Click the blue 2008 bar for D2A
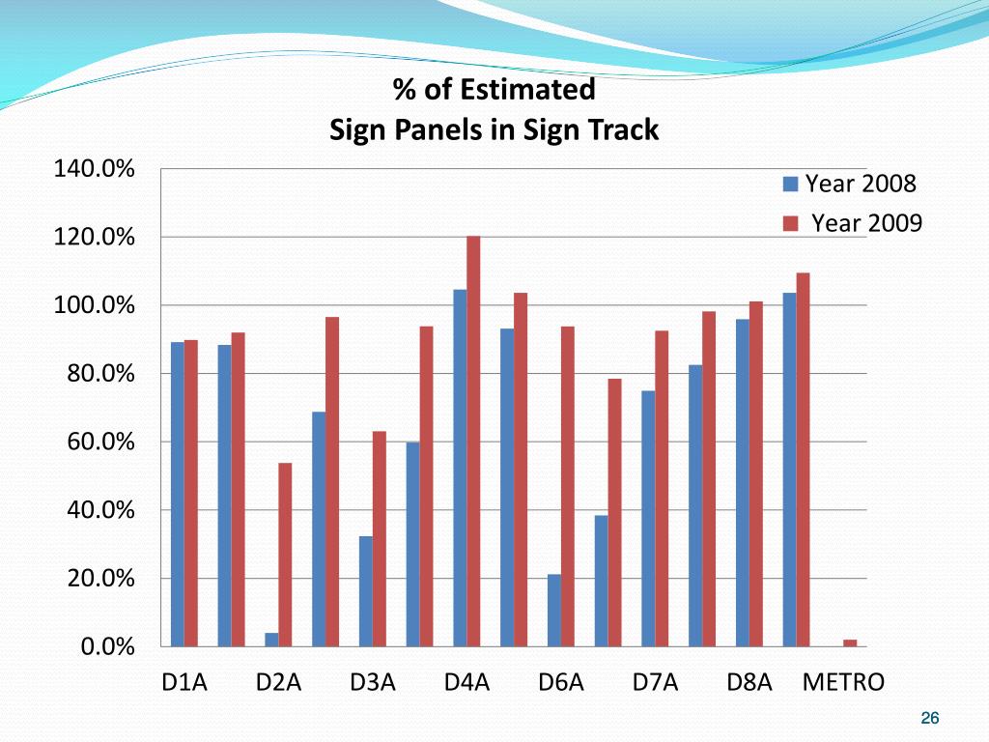coord(271,640)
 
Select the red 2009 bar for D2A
coord(285,555)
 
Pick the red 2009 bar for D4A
coord(473,441)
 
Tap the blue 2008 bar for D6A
coord(554,610)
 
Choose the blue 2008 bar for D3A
coord(366,591)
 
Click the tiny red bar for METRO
coord(850,642)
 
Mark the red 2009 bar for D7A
coord(662,488)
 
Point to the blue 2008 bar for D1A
coord(178,494)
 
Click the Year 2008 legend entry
coord(850,184)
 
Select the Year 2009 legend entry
coord(854,224)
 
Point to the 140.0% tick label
coord(93,170)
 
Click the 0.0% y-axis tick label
coord(106,647)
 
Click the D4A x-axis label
coord(466,683)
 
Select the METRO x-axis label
coord(843,683)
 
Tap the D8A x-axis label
coord(749,683)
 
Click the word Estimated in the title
coord(527,90)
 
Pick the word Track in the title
coord(627,129)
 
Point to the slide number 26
coord(930,718)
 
